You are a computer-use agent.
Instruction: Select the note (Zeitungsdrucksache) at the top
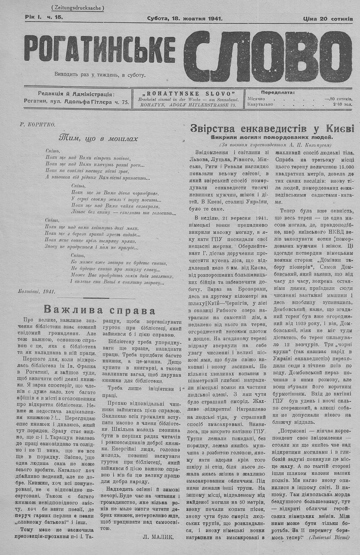coord(77,8)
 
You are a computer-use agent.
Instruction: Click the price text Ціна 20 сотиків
coord(328,19)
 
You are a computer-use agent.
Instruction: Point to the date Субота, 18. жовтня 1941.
coord(185,19)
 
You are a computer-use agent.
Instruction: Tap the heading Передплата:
coord(278,92)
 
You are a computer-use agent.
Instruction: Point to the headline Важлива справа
coord(99,310)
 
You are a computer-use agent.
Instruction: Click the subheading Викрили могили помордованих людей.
coord(272,137)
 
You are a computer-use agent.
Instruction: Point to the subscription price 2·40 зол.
coord(342,104)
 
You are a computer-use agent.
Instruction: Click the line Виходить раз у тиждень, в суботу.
coord(100,75)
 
